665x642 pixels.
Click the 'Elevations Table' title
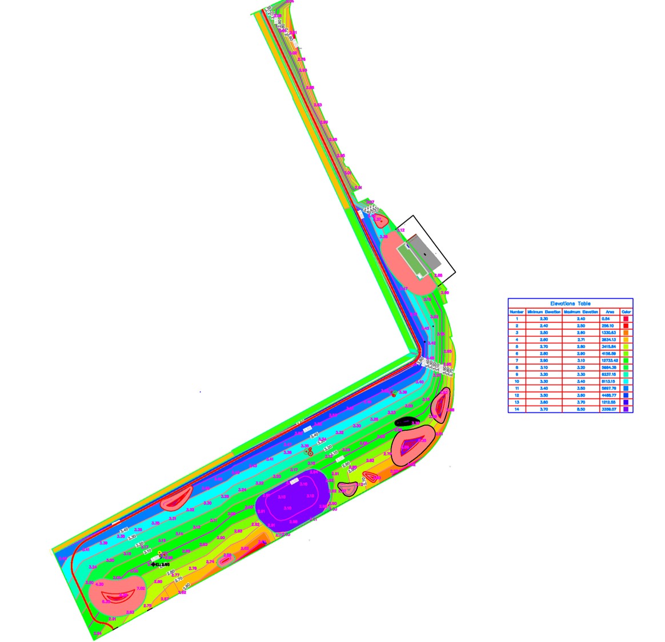[x=570, y=304]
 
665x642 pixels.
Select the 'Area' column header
[x=610, y=312]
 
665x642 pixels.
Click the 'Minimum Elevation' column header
[x=543, y=312]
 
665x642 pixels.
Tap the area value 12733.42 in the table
[x=610, y=361]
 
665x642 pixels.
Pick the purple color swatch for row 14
[x=626, y=409]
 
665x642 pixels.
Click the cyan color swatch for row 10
[x=626, y=381]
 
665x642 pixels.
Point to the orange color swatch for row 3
[x=626, y=333]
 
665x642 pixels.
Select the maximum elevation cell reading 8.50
[x=581, y=409]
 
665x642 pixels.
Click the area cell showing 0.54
[x=610, y=319]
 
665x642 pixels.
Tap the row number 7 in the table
[x=516, y=361]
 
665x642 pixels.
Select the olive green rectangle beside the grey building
[x=412, y=259]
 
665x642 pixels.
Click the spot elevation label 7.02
[x=141, y=588]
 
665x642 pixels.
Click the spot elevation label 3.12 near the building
[x=401, y=231]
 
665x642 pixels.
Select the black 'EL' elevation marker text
[x=161, y=564]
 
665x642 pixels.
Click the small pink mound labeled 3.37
[x=377, y=220]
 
